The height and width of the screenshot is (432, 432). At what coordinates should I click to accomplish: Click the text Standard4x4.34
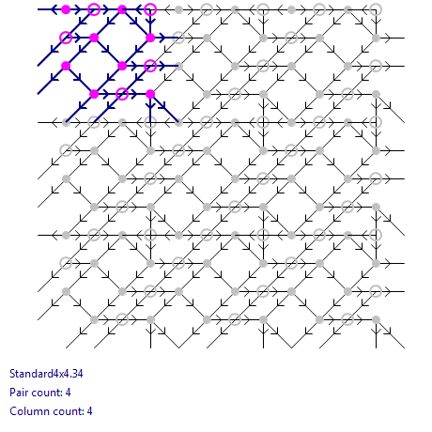tap(46, 374)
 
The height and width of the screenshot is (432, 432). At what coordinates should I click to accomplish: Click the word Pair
tap(18, 393)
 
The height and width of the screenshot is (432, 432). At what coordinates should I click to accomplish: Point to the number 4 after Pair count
tap(69, 393)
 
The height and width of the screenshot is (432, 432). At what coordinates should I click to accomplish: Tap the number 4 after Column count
tap(90, 411)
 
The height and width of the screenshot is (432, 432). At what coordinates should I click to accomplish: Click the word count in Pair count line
tap(46, 393)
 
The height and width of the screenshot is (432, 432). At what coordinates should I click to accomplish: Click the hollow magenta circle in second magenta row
tap(66, 38)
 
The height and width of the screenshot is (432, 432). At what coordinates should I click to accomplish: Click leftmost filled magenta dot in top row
tap(66, 9)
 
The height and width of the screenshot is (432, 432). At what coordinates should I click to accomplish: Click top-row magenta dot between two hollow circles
tap(122, 9)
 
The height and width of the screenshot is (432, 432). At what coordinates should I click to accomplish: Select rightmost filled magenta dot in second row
tap(150, 38)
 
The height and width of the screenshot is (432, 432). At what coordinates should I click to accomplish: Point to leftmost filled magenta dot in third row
tap(66, 66)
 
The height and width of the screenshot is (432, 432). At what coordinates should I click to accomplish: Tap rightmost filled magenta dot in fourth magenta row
tap(150, 94)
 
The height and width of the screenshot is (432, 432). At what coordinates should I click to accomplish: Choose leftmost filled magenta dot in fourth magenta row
tap(94, 94)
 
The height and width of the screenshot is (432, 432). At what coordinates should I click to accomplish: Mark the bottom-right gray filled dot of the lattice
tap(376, 319)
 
